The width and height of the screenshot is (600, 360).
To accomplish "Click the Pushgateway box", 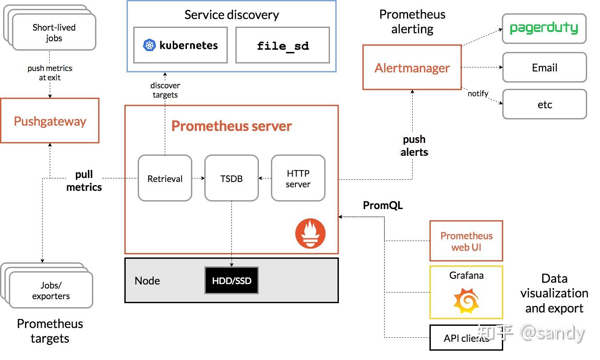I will pos(50,121).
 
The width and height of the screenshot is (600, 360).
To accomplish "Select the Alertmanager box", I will pos(412,67).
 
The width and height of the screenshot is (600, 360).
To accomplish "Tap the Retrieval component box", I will pos(165,178).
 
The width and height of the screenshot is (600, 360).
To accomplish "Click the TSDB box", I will pos(231,178).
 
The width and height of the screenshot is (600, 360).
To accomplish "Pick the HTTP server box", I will pos(298,178).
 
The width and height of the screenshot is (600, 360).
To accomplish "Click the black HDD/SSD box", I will pos(231,281).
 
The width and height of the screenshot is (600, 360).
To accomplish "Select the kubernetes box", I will pos(180,45).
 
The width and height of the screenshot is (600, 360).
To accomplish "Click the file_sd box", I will pos(282,45).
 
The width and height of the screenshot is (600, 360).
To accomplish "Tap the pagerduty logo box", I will pos(544,29).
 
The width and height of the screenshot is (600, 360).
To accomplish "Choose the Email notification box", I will pos(544,67).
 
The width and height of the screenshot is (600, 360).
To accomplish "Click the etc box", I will pos(544,104).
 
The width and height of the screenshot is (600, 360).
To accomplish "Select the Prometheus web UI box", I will pos(466,241).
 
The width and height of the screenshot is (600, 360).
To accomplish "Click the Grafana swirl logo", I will pos(466,301).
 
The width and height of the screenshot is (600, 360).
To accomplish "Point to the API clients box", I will pos(466,338).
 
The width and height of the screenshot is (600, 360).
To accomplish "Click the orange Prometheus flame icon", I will pos(310,233).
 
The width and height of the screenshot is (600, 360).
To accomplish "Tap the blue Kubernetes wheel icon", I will pos(150,45).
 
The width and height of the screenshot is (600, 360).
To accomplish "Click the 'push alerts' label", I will pos(414,146).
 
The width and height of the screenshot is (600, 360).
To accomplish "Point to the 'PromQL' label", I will pos(383,206).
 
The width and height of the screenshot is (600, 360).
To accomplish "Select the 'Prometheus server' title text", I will pos(231,126).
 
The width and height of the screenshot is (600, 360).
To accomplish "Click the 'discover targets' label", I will pos(165,90).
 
